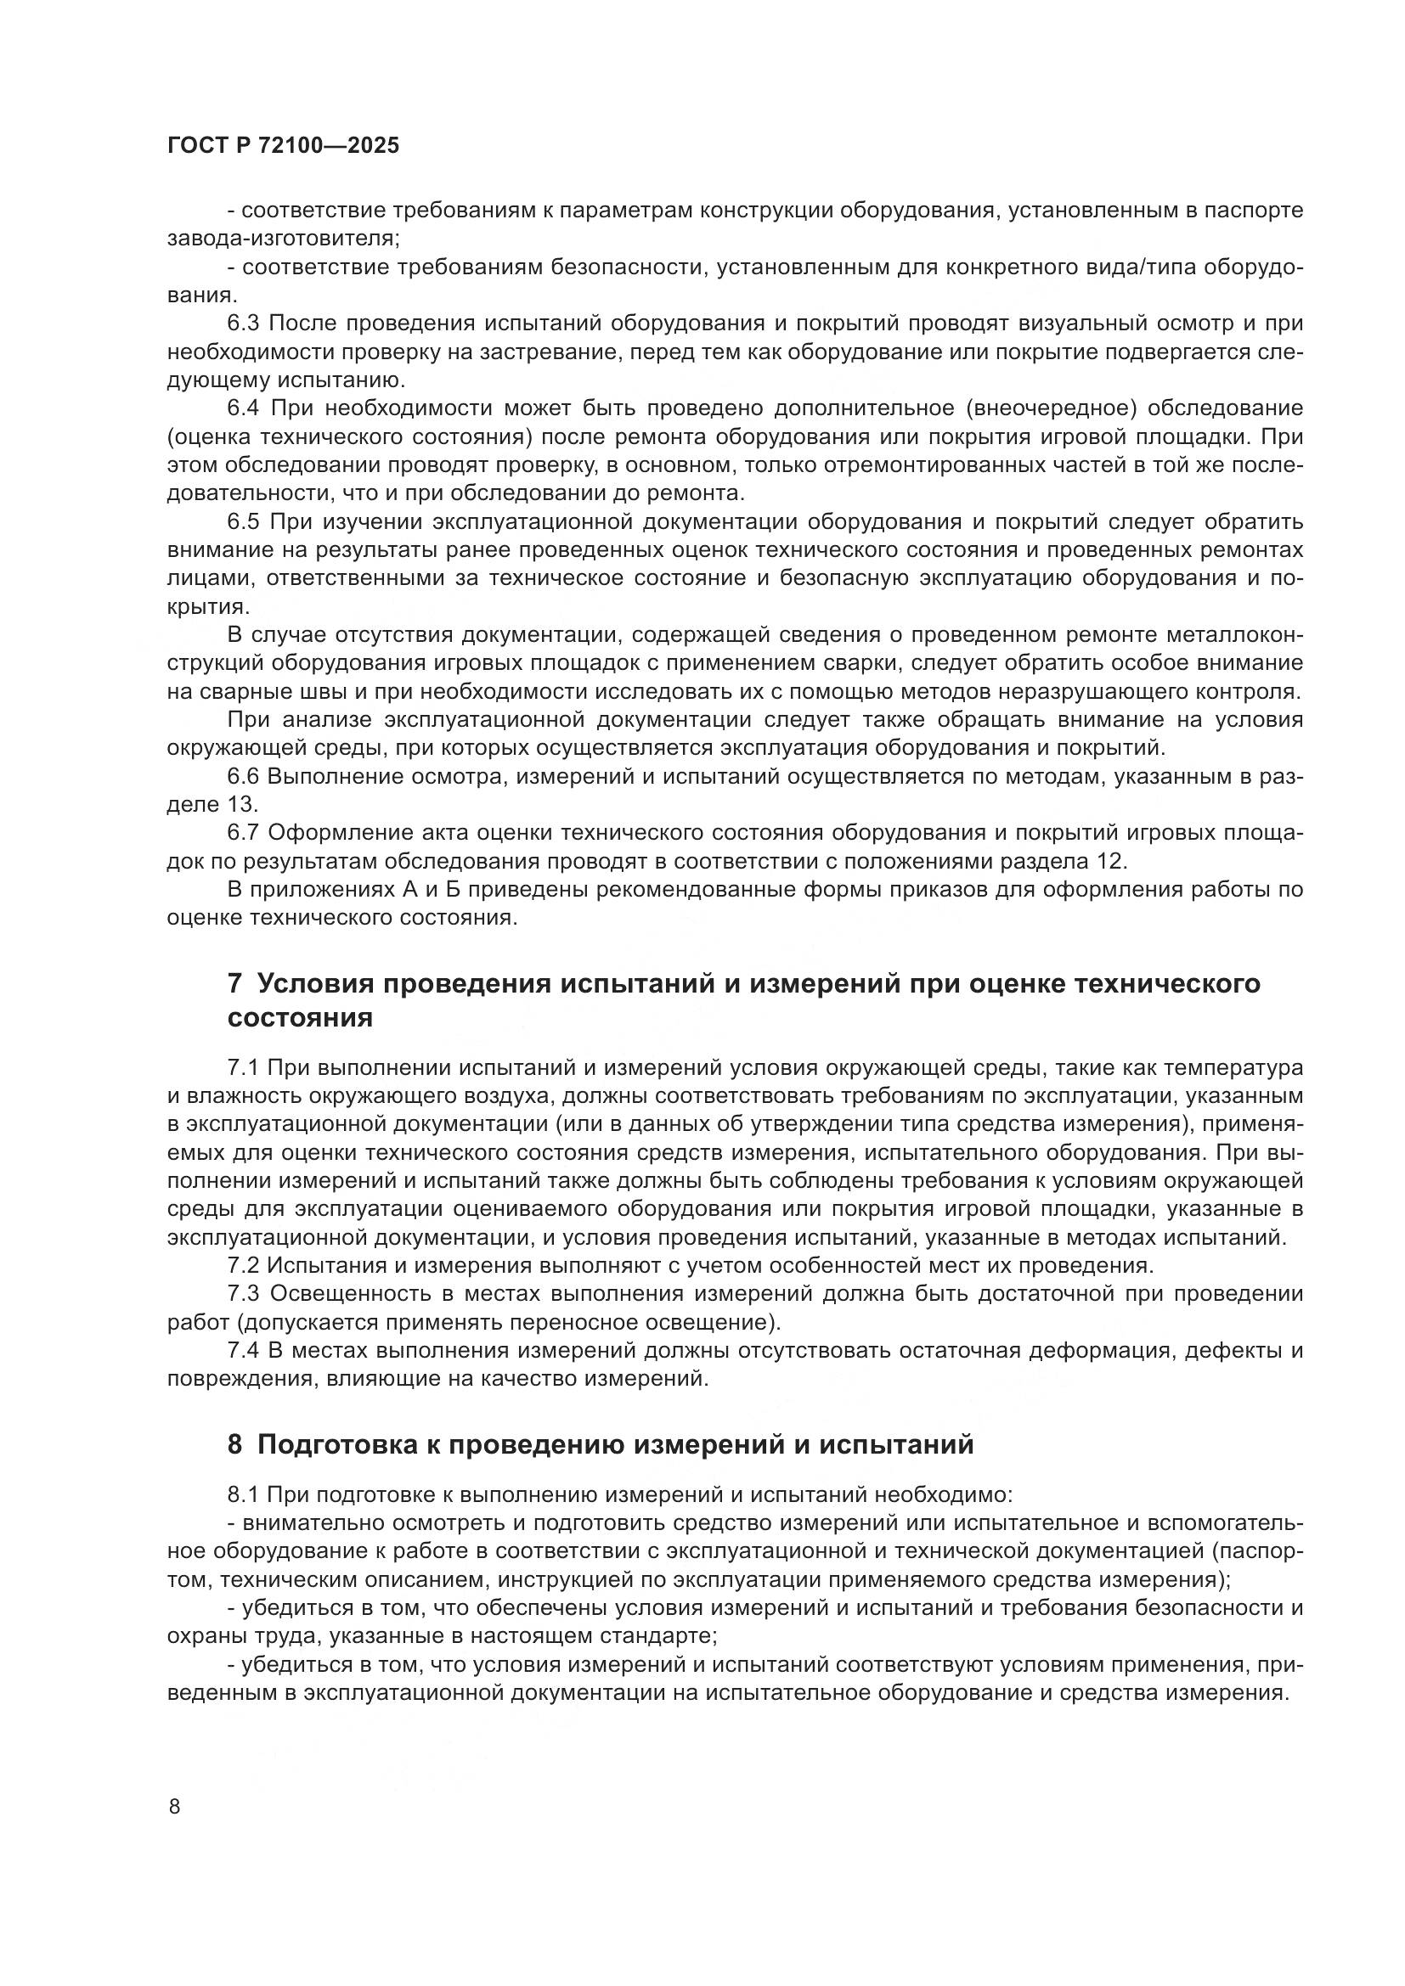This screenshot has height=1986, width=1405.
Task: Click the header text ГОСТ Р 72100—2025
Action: point(283,146)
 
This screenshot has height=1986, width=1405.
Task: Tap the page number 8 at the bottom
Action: point(175,1807)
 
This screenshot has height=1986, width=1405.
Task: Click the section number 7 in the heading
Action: point(234,983)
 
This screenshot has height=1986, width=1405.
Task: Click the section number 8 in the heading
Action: point(234,1444)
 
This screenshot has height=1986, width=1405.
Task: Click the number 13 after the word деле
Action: point(241,804)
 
